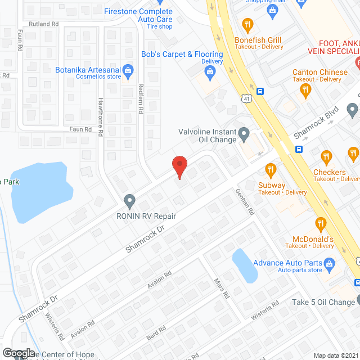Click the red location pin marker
[179, 166]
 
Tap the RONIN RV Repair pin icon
[130, 200]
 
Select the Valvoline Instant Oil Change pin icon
[244, 134]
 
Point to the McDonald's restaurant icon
[321, 225]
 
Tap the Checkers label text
[330, 172]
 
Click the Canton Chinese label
[320, 73]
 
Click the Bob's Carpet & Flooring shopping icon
[210, 71]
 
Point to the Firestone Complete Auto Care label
[138, 15]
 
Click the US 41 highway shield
[247, 99]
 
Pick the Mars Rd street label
[221, 288]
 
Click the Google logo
[19, 353]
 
